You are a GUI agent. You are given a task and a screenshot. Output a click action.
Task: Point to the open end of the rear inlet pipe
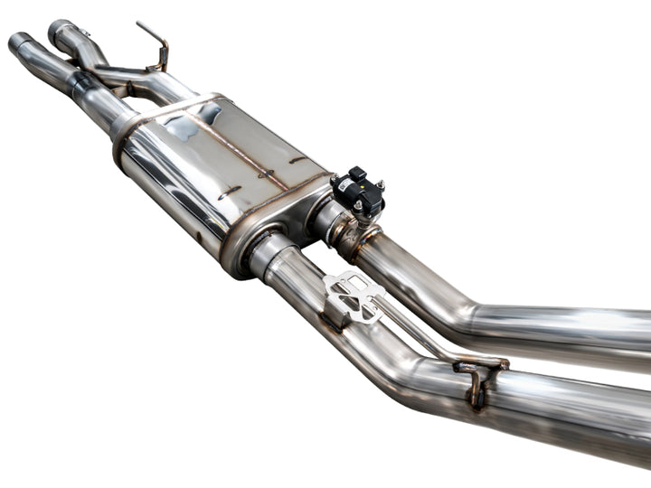pos(60,29)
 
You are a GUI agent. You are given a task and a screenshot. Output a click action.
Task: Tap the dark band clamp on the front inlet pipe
pos(80,84)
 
